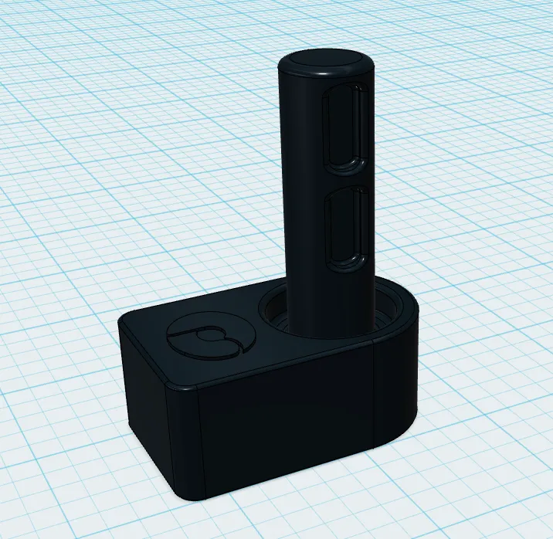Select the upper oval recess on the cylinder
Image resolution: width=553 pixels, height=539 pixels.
[x=345, y=130]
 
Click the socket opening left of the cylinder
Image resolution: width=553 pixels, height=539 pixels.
[x=273, y=313]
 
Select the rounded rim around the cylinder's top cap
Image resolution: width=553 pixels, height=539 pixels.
[x=324, y=75]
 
